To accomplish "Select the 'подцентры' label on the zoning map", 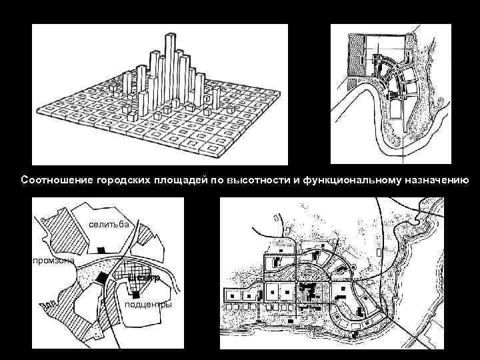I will [148, 305].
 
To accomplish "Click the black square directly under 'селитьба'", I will [101, 249].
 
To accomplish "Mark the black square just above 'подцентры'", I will [136, 293].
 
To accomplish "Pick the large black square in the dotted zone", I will [101, 278].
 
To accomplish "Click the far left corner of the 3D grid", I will [39, 111].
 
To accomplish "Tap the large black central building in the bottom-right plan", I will [308, 291].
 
